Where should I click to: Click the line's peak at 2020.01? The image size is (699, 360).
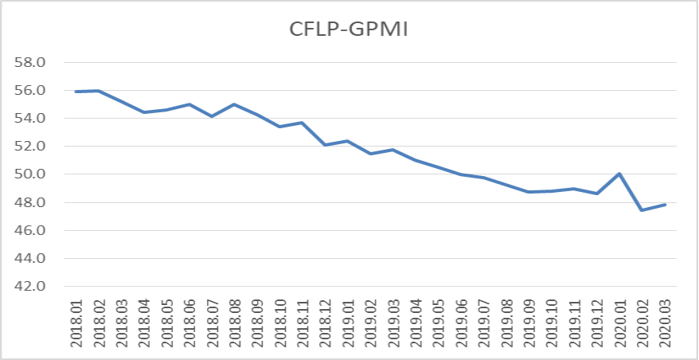point(619,174)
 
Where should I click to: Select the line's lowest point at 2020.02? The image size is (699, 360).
point(642,210)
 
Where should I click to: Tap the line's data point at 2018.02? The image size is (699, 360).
point(99,91)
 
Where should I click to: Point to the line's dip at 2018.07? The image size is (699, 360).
point(212,116)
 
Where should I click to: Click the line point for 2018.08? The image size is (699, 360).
point(234,104)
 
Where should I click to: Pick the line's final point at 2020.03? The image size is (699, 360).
point(664,205)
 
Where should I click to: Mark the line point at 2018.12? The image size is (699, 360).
point(325,145)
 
